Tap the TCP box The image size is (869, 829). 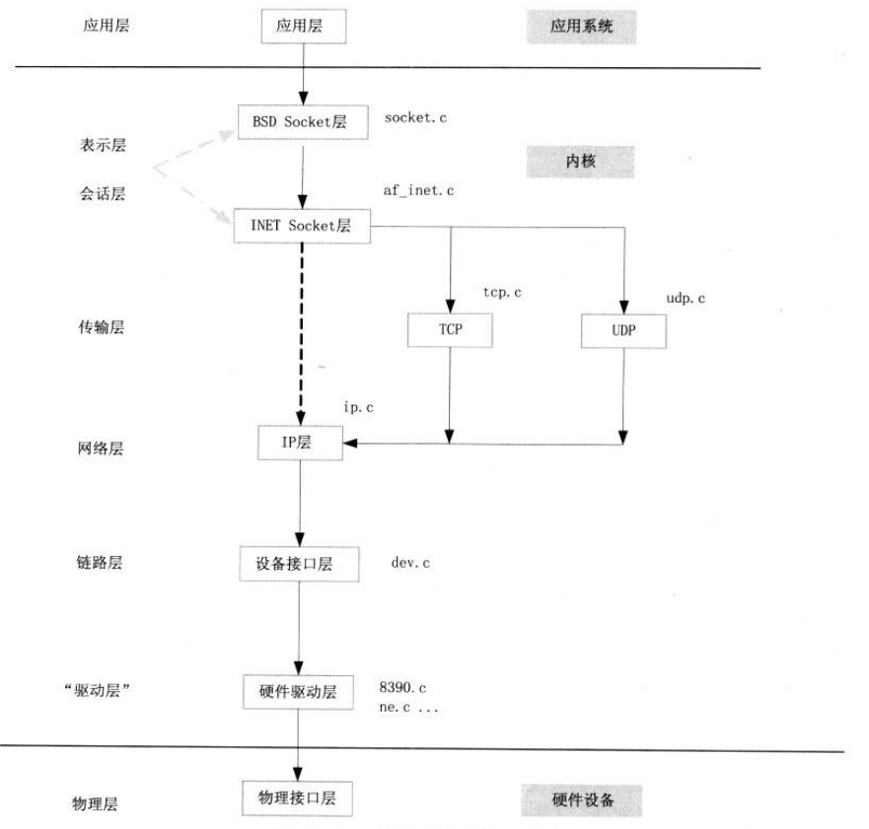(x=449, y=330)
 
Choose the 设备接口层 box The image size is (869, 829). (x=301, y=564)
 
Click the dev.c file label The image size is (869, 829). (x=411, y=563)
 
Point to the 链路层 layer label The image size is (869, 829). (x=102, y=564)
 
